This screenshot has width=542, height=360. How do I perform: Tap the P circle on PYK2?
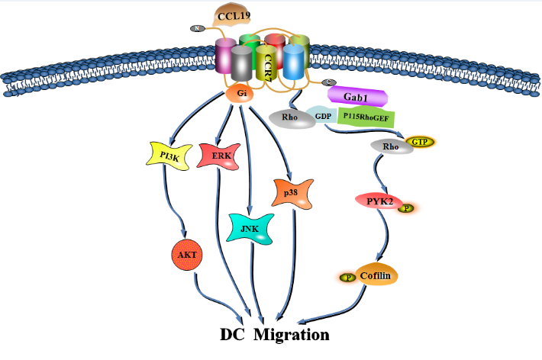407,207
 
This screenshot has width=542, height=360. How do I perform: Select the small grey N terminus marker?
196,28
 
